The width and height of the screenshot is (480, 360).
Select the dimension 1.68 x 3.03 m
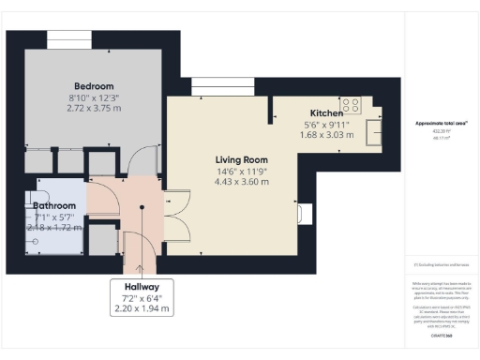point(325,135)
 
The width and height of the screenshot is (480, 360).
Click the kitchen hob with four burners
point(352,105)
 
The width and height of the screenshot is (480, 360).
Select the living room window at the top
point(211,89)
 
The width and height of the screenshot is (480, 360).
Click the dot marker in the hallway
point(141,236)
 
